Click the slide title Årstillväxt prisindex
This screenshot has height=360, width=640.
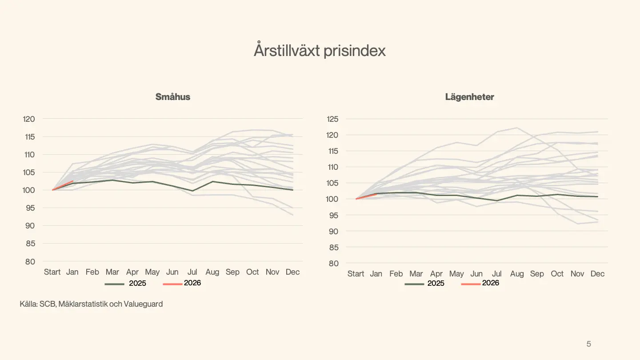[x=320, y=51]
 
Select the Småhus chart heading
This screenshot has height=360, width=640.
[x=173, y=97]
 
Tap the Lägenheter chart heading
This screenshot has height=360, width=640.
[x=469, y=97]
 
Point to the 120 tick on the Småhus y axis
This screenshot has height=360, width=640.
[x=29, y=119]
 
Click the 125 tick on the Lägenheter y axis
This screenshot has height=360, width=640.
[x=332, y=119]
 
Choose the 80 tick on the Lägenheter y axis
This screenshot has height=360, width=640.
[x=333, y=263]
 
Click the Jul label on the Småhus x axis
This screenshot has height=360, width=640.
[x=192, y=272]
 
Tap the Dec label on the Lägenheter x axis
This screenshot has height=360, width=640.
[x=597, y=274]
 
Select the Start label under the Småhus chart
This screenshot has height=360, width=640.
[x=52, y=272]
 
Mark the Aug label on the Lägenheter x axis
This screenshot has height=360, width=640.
[x=517, y=274]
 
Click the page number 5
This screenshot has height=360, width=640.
[x=589, y=344]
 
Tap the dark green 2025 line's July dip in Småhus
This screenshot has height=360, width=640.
[x=192, y=191]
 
